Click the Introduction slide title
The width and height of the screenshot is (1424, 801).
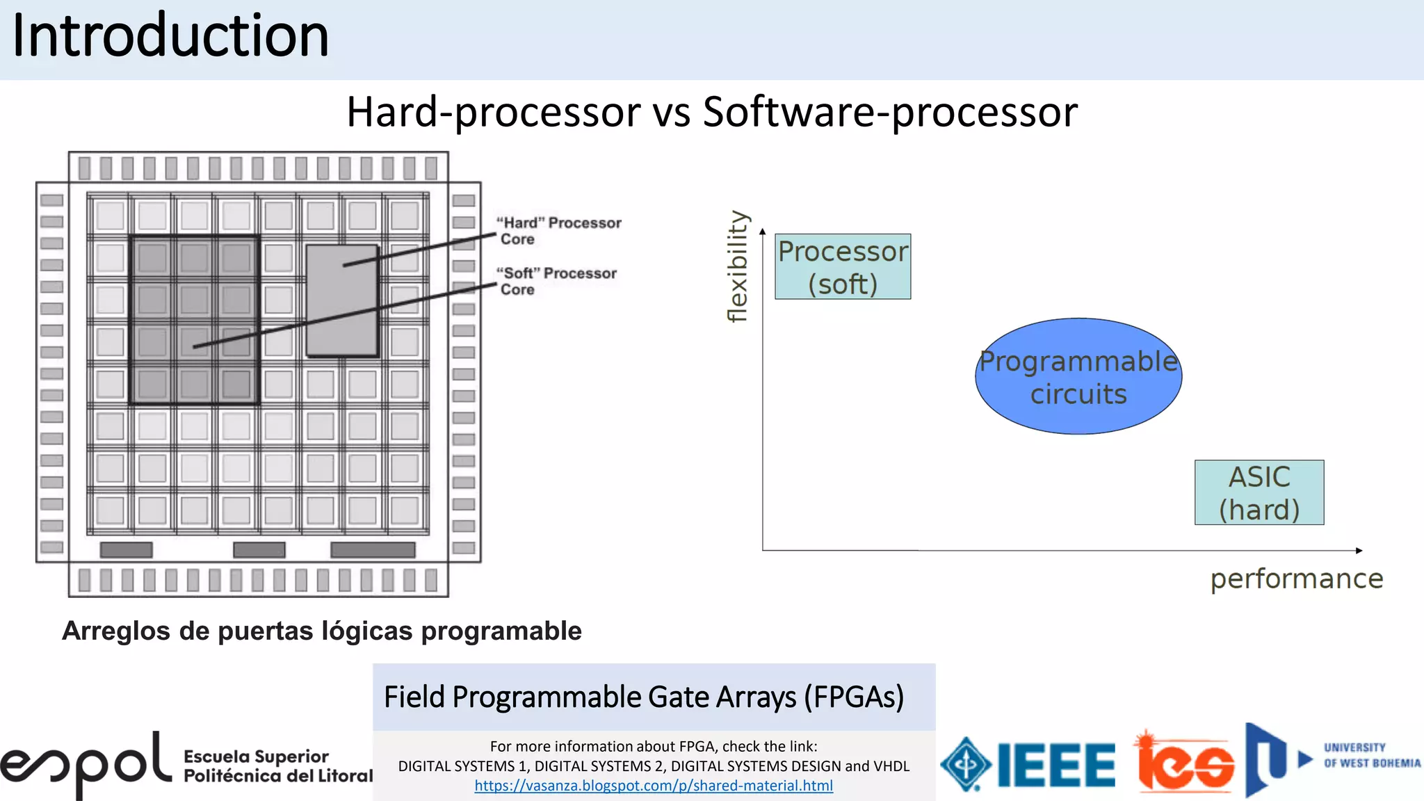pos(170,36)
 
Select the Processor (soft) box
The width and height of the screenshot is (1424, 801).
pos(843,267)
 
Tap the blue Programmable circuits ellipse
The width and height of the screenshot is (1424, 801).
pos(1078,376)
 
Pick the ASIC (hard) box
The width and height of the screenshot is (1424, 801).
pos(1259,492)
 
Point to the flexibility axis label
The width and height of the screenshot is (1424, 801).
pos(738,266)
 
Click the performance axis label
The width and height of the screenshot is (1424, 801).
pos(1297,578)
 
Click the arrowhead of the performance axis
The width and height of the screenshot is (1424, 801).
pos(1359,551)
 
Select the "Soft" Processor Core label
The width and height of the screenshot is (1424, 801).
pos(557,281)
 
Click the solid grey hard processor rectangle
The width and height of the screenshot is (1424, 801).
pos(342,301)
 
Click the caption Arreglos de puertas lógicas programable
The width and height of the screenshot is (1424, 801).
pos(322,631)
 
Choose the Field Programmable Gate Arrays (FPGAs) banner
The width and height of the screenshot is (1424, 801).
pos(644,697)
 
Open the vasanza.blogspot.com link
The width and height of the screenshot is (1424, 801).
pos(654,786)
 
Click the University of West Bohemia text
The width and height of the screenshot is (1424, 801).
pos(1371,756)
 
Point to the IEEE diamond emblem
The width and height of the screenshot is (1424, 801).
pos(966,764)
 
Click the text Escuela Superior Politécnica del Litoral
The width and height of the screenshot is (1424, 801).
pos(277,766)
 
